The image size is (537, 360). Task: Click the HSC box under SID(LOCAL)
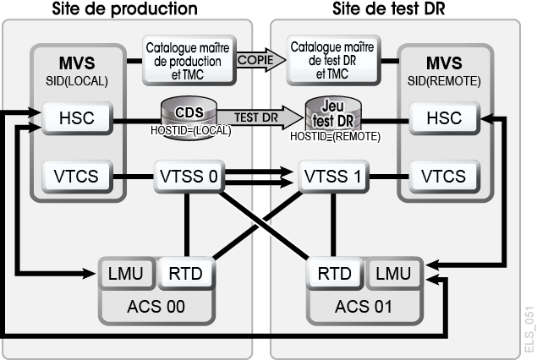coord(77,118)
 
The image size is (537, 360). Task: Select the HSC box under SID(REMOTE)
coord(444,118)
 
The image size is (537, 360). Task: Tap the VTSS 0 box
coord(189,177)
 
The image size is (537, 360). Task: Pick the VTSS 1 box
coord(333,177)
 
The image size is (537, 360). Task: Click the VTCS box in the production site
coord(77,177)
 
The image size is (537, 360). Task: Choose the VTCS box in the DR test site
coord(444,177)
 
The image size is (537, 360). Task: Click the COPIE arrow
coord(261,60)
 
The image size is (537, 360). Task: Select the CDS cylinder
coord(189,117)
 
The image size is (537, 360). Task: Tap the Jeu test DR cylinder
coord(333,117)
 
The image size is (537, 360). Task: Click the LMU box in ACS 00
coord(126,273)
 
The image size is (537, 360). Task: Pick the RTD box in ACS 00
coord(186,273)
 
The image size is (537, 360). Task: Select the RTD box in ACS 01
coord(335,273)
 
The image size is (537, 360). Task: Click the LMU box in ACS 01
coord(393,273)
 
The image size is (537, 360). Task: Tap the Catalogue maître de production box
coord(189,60)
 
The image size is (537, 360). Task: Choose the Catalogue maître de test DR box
coord(333,60)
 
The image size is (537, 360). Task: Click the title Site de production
coord(124,9)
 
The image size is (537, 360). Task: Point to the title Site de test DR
coord(389,9)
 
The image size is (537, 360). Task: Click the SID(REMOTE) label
coord(444,81)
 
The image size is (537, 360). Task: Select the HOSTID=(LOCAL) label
coord(191,130)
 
